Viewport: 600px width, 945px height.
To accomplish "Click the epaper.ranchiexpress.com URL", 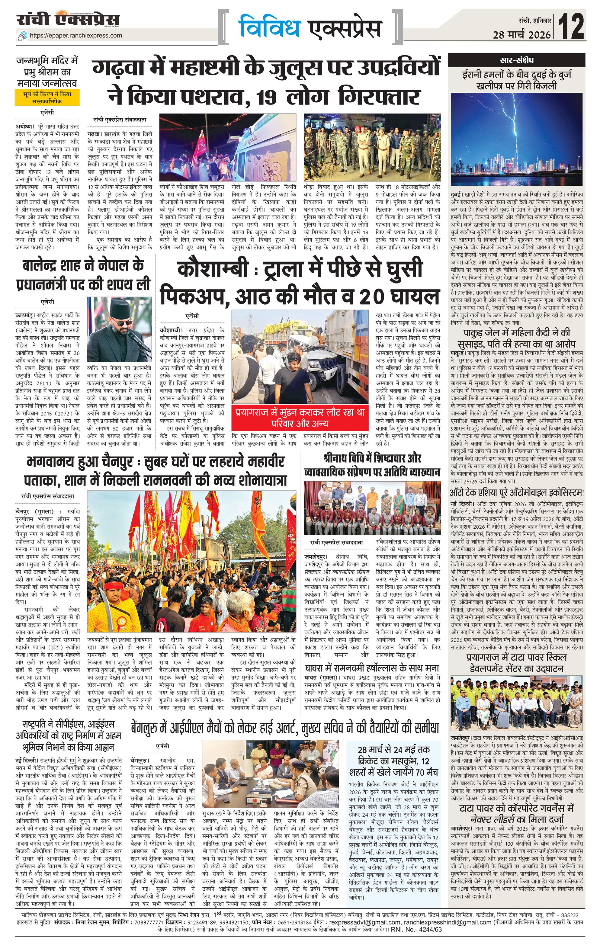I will click(76, 35).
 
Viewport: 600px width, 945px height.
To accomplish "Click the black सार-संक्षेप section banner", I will click(516, 61).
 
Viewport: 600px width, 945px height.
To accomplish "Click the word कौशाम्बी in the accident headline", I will click(212, 270).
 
